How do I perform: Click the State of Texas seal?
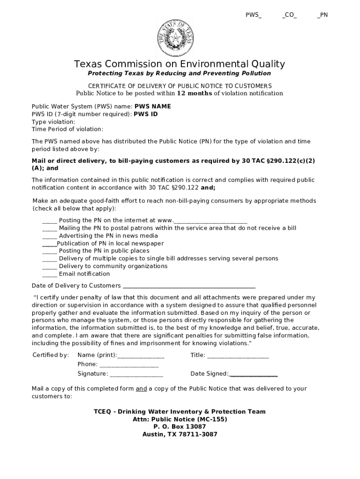176,39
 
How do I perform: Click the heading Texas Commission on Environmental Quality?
179,64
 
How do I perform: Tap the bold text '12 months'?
194,93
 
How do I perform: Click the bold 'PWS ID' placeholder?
146,114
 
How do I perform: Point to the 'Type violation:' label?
53,122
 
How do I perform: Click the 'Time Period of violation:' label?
67,129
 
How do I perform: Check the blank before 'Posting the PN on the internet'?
50,221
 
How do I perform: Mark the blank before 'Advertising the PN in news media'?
50,236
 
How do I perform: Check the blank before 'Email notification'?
50,274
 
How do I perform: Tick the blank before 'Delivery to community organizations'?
50,267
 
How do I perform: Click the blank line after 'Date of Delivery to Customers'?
188,286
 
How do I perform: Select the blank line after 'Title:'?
238,356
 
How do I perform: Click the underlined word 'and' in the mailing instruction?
141,389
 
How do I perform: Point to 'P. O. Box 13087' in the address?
180,427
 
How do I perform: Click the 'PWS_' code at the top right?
253,15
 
